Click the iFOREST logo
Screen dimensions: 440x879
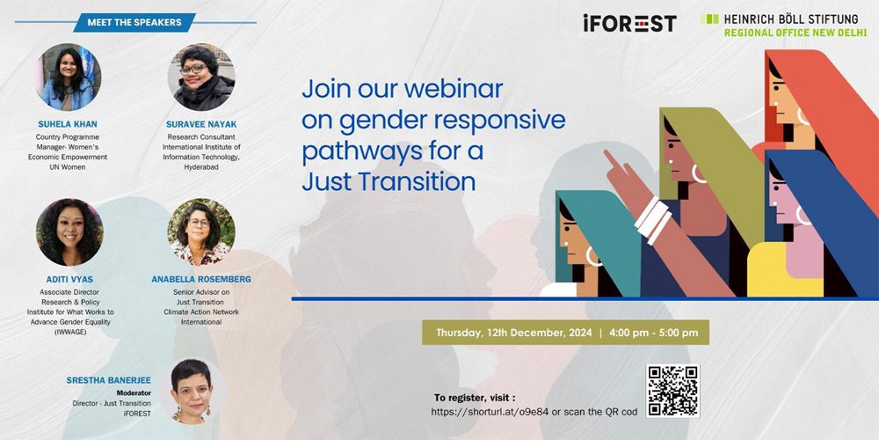pyautogui.click(x=629, y=24)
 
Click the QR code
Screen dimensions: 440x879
pyautogui.click(x=672, y=391)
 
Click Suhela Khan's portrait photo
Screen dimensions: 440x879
pyautogui.click(x=69, y=77)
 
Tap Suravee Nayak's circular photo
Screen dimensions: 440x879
pyautogui.click(x=201, y=77)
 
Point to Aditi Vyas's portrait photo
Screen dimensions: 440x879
pyautogui.click(x=69, y=231)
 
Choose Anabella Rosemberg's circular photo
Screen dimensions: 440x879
pyautogui.click(x=201, y=231)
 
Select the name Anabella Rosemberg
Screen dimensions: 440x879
pyautogui.click(x=201, y=279)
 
